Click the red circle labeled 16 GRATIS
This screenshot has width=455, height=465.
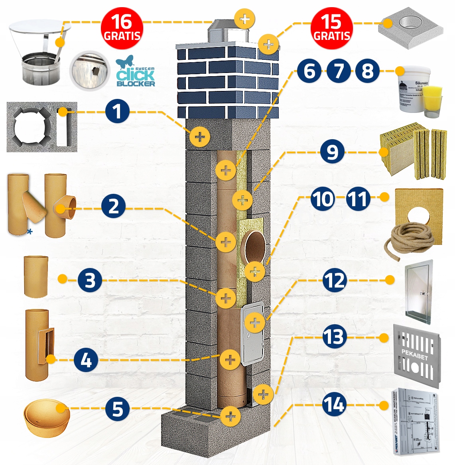[x=122, y=28]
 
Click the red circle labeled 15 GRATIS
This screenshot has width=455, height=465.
[x=332, y=28]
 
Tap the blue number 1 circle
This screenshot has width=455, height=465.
[x=117, y=112]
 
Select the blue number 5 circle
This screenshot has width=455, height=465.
[x=118, y=409]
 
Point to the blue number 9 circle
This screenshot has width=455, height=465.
[x=332, y=152]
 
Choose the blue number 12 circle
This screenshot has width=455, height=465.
[x=334, y=280]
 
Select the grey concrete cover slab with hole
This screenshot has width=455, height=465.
[x=411, y=30]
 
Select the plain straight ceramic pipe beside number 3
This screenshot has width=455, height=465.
[x=36, y=276]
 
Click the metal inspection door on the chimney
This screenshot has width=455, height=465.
[x=252, y=334]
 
